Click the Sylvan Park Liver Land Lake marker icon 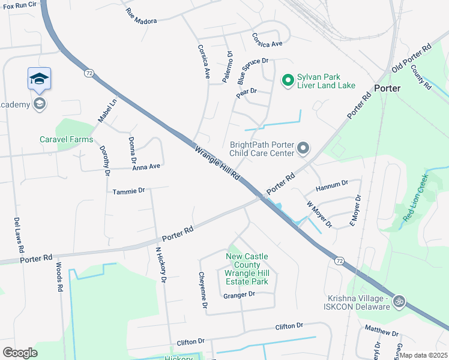pyautogui.click(x=288, y=79)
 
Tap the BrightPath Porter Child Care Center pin pyautogui.click(x=304, y=148)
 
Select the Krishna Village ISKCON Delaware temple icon pyautogui.click(x=400, y=302)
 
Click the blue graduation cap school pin pyautogui.click(x=39, y=79)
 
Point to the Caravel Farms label pyautogui.click(x=66, y=139)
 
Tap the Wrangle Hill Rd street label pyautogui.click(x=217, y=162)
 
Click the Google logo pyautogui.click(x=20, y=352)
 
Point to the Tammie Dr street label pyautogui.click(x=129, y=191)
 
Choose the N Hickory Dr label pyautogui.click(x=160, y=264)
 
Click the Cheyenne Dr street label pyautogui.click(x=203, y=290)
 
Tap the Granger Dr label pyautogui.click(x=239, y=295)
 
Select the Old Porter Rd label pyautogui.click(x=412, y=58)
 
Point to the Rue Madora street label pyautogui.click(x=141, y=17)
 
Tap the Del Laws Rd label pyautogui.click(x=19, y=235)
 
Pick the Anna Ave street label pyautogui.click(x=146, y=167)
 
